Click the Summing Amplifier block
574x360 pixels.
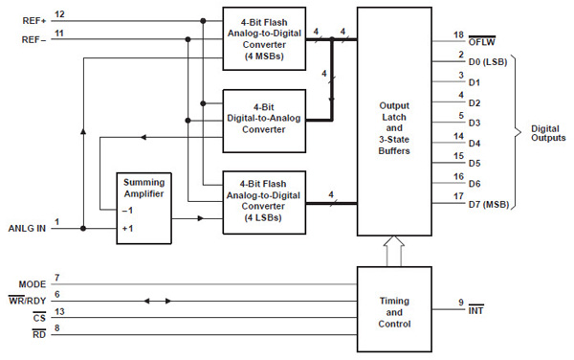pos(144,209)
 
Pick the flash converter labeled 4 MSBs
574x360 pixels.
pos(263,37)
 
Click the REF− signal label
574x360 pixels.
pos(33,39)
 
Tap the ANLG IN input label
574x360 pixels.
pos(26,229)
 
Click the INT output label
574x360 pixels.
pos(475,312)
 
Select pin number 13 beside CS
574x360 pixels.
pos(58,311)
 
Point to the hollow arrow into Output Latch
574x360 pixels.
pos(392,252)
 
